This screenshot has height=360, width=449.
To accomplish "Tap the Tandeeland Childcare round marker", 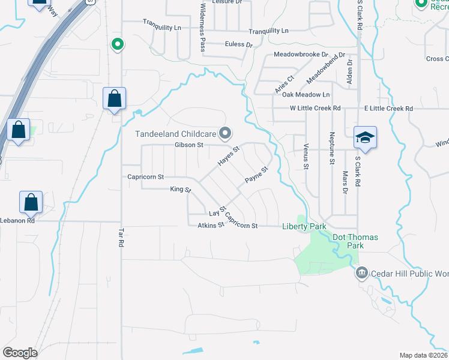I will coord(226,133).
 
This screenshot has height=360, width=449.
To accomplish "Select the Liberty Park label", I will coord(304,226).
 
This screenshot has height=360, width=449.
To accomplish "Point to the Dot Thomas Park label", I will coord(355,241).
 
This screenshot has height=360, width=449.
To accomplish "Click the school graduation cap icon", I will coord(364,137).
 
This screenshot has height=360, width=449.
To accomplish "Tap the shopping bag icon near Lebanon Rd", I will coord(31,203).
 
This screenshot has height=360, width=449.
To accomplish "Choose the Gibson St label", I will coord(190,145).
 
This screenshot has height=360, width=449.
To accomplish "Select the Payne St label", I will coord(256,177).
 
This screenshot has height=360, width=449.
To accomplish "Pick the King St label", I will coord(180,190).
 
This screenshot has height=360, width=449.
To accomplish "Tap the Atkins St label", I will coord(211,226).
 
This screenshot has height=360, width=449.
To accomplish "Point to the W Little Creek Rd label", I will coord(315,109).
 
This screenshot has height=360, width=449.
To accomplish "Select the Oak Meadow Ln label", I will coord(306,95).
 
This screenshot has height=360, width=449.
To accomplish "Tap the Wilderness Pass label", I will coord(203,26).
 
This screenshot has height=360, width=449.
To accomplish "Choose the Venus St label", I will coord(306,155).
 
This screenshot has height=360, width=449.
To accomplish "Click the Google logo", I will coord(20,353).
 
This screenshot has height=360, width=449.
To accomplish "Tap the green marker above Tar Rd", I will coord(118,44).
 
